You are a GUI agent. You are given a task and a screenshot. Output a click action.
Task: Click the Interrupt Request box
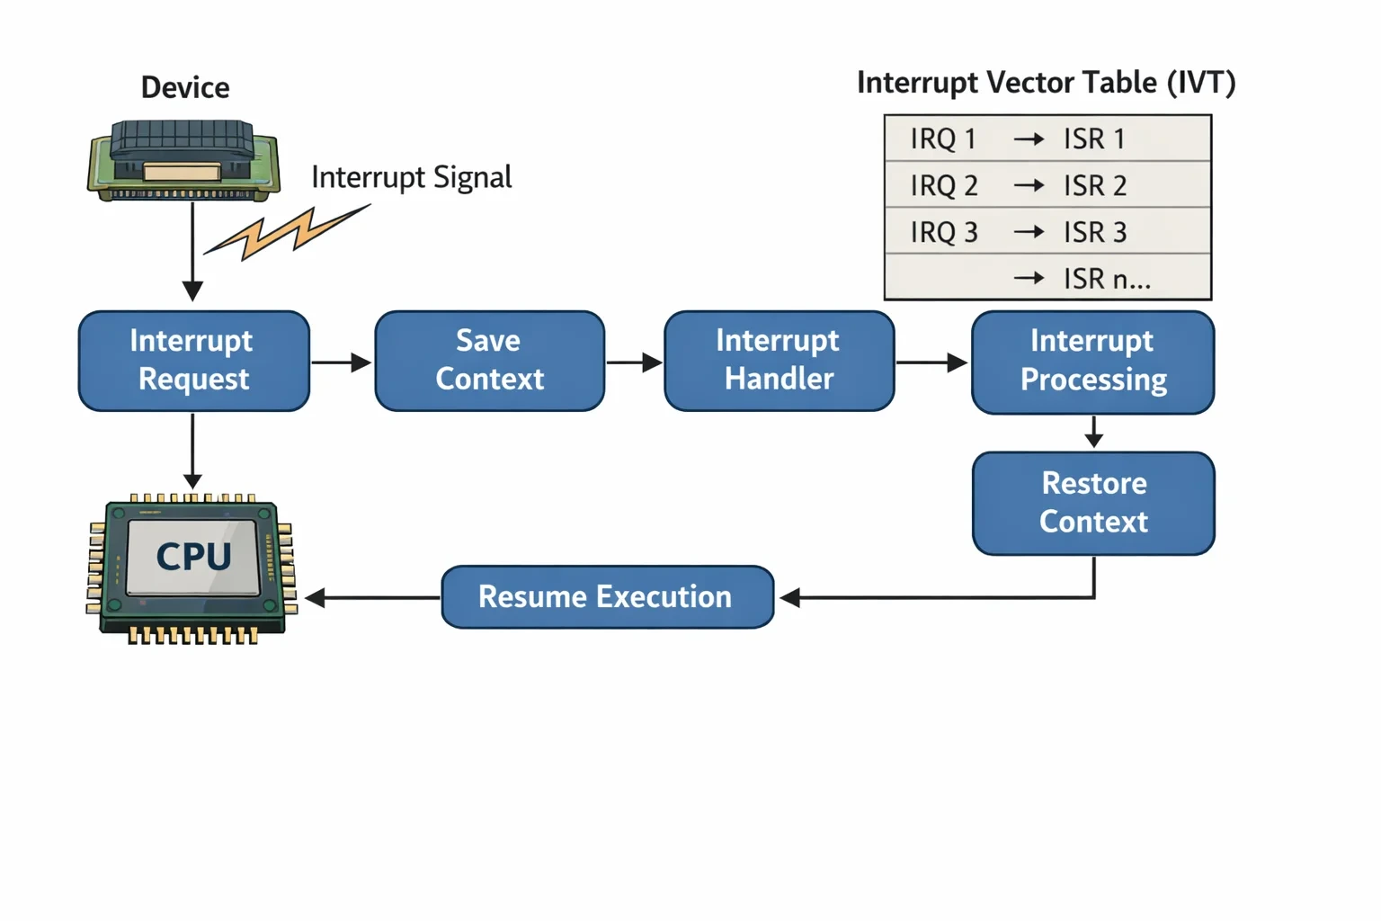tap(194, 361)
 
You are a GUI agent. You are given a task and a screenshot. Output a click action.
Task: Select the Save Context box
tap(489, 361)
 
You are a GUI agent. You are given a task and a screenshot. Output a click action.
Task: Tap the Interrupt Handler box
tap(780, 361)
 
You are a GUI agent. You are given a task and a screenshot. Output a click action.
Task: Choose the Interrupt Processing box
tap(1093, 362)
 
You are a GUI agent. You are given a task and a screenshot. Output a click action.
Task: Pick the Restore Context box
tap(1093, 504)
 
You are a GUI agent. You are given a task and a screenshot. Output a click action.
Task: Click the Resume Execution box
tap(607, 597)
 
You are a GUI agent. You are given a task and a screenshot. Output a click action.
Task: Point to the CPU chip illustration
tap(192, 568)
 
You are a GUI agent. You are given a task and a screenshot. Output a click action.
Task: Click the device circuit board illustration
tap(183, 160)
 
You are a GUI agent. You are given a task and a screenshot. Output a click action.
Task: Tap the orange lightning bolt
tap(287, 232)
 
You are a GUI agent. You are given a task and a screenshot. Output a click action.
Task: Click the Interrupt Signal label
tap(411, 177)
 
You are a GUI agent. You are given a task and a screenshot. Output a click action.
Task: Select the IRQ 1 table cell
tap(943, 139)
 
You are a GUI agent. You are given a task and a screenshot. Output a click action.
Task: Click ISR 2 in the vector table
tap(1095, 185)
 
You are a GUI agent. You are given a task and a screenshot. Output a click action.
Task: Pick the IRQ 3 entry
tap(944, 233)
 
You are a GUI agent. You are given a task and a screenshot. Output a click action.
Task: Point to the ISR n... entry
tap(1107, 279)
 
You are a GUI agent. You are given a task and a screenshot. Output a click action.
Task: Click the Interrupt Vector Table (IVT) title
tap(1047, 83)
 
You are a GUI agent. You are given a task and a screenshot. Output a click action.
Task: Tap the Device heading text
tap(185, 87)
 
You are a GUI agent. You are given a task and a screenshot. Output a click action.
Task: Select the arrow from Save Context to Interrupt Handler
tap(635, 362)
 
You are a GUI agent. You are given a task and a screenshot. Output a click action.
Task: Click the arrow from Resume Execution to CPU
tap(372, 597)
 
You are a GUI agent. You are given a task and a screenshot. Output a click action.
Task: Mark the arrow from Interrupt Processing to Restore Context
tap(1093, 432)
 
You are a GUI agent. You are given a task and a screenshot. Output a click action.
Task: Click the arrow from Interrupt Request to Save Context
tap(342, 362)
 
